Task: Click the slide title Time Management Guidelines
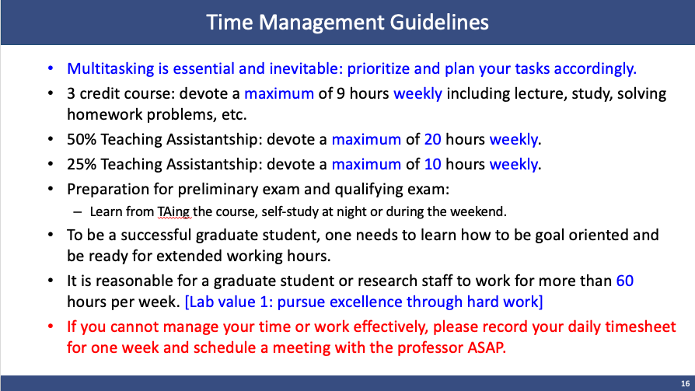point(347,23)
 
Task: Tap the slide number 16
point(685,383)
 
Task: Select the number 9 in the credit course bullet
point(341,93)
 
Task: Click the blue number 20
point(432,140)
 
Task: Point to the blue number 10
point(432,165)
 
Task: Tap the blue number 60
point(625,281)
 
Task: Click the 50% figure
point(82,140)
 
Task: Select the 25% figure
point(82,165)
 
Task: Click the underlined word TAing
point(174,212)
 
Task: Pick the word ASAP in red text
point(487,347)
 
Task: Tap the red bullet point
point(51,326)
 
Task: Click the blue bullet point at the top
point(51,68)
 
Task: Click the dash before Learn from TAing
point(78,212)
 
